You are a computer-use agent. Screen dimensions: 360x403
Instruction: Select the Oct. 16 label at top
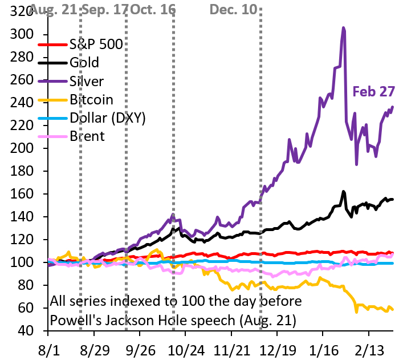pyautogui.click(x=152, y=10)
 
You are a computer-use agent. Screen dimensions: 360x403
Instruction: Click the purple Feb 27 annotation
pyautogui.click(x=373, y=92)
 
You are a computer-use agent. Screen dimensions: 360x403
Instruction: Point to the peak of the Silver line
pyautogui.click(x=343, y=27)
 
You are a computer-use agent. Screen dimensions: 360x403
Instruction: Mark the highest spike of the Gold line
pyautogui.click(x=344, y=192)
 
